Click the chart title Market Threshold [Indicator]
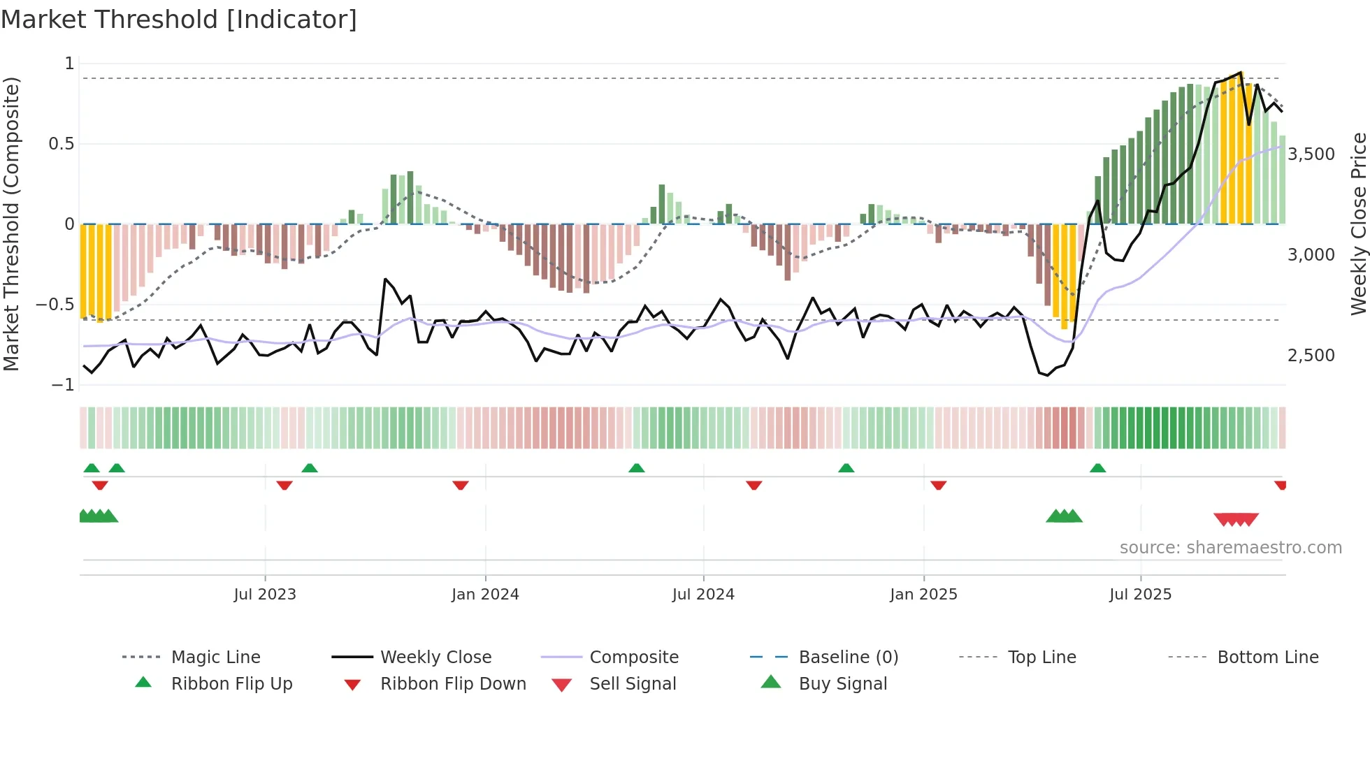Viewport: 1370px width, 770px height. click(x=179, y=20)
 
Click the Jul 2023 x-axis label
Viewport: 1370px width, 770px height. click(x=265, y=595)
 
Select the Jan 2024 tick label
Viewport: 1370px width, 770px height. click(x=485, y=595)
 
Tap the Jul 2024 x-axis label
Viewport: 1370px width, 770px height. click(x=703, y=595)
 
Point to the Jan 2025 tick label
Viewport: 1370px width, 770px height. click(x=923, y=595)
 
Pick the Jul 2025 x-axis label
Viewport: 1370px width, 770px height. click(x=1140, y=595)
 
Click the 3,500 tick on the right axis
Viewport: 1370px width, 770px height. click(x=1311, y=154)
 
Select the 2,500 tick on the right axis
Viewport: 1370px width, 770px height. click(x=1311, y=356)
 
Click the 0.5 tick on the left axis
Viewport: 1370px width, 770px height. click(x=61, y=144)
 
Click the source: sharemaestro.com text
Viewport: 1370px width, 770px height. click(x=1230, y=548)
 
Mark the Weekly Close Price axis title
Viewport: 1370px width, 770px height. click(x=1358, y=224)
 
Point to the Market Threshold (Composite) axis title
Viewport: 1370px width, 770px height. click(x=11, y=224)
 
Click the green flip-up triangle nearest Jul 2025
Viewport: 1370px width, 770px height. click(x=1097, y=468)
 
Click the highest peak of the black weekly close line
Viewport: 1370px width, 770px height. click(x=1241, y=72)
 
